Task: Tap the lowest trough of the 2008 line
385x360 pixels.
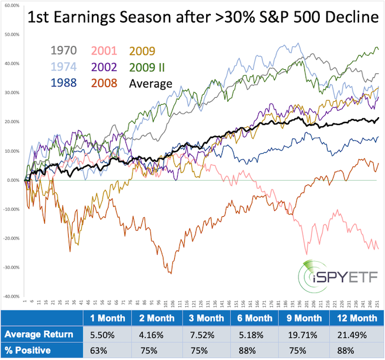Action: (171, 273)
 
